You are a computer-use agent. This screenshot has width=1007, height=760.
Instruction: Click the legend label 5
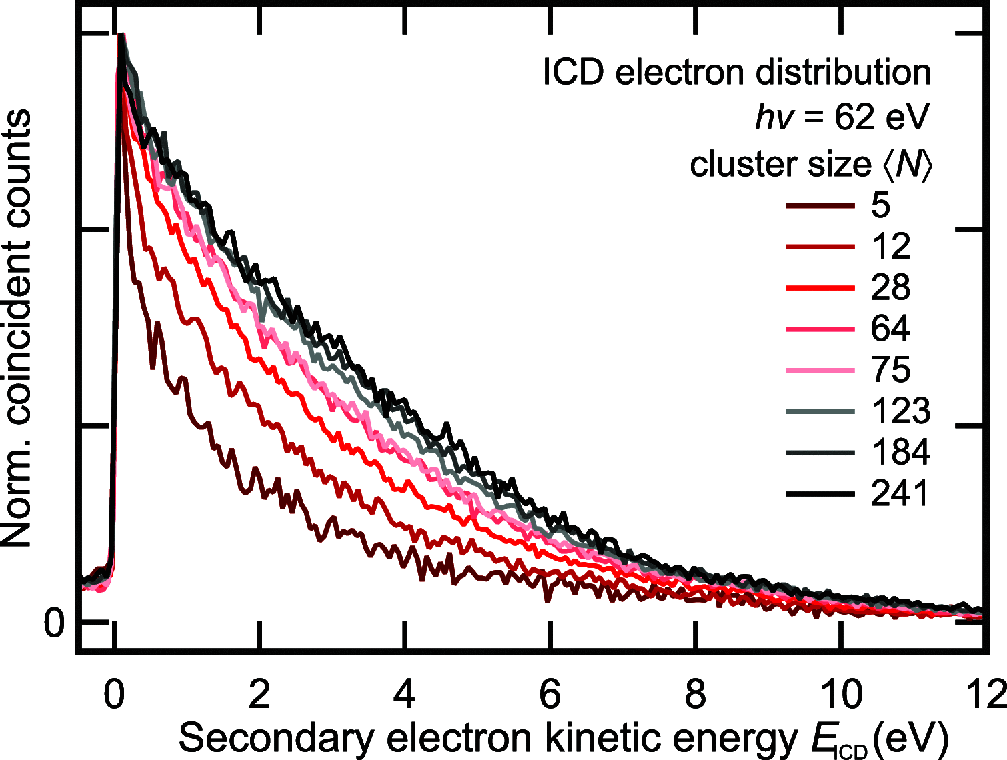tap(880, 205)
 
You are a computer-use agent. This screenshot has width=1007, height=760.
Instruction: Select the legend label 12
tap(890, 247)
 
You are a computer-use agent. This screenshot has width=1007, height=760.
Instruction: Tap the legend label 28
tap(890, 287)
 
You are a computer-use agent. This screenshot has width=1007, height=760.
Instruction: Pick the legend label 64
tap(890, 329)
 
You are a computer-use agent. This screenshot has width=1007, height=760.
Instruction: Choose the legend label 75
tap(890, 370)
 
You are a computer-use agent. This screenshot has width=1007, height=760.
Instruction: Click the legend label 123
tap(900, 411)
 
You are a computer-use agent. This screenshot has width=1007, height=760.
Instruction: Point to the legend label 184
tap(900, 453)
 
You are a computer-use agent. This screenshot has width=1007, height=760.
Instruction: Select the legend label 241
tap(900, 494)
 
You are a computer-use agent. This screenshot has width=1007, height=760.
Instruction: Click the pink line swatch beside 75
tap(820, 370)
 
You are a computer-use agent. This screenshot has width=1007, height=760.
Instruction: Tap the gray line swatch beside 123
tap(820, 411)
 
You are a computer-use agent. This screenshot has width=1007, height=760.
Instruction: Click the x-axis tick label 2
tap(259, 695)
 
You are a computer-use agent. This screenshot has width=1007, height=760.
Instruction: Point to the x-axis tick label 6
tap(550, 695)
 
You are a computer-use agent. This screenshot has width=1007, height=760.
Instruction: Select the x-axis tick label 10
tap(841, 695)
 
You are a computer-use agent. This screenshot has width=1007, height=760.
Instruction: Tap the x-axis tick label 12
tap(986, 695)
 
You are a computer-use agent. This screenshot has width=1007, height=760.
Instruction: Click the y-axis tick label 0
tap(54, 624)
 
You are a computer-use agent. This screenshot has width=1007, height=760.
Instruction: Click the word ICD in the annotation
tap(574, 72)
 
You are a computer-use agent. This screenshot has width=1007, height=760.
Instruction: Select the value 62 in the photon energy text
tap(854, 118)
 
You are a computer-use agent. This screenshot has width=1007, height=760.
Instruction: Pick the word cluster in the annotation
tap(733, 164)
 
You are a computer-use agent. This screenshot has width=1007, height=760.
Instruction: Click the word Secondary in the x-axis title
tap(270, 739)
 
